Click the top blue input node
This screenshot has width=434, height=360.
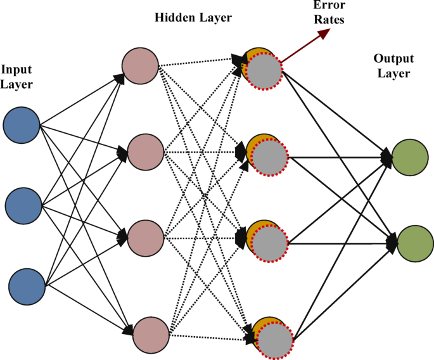(x=22, y=125)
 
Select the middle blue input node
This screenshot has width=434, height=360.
(x=23, y=205)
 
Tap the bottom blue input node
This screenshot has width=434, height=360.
(x=28, y=285)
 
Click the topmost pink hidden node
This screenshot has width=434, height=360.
(x=140, y=65)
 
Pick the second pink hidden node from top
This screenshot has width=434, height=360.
(x=146, y=152)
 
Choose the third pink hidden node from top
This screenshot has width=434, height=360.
(x=146, y=238)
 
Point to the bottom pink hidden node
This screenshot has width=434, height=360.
(x=151, y=333)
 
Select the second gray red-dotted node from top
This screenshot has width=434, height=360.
(x=269, y=157)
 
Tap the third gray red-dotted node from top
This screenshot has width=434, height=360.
(x=269, y=243)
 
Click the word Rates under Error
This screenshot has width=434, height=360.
(x=329, y=20)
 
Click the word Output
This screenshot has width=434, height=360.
(x=393, y=59)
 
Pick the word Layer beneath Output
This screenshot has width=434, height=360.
(x=393, y=74)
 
